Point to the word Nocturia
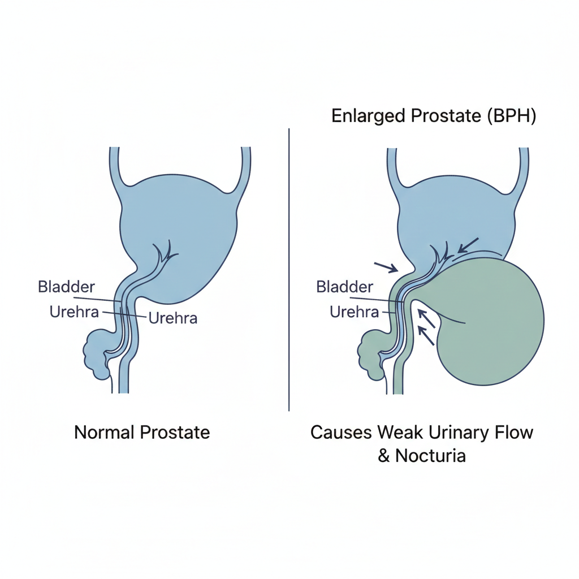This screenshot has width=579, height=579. [431, 455]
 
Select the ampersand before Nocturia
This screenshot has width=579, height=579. [384, 455]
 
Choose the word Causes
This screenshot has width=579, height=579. [340, 433]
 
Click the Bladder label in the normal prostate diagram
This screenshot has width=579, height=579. [66, 286]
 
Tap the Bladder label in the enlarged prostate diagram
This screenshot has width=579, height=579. [344, 286]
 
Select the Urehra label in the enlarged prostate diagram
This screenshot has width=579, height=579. [354, 312]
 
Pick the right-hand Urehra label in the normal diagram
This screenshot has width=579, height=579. [172, 318]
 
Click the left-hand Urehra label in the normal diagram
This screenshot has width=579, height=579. [75, 312]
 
